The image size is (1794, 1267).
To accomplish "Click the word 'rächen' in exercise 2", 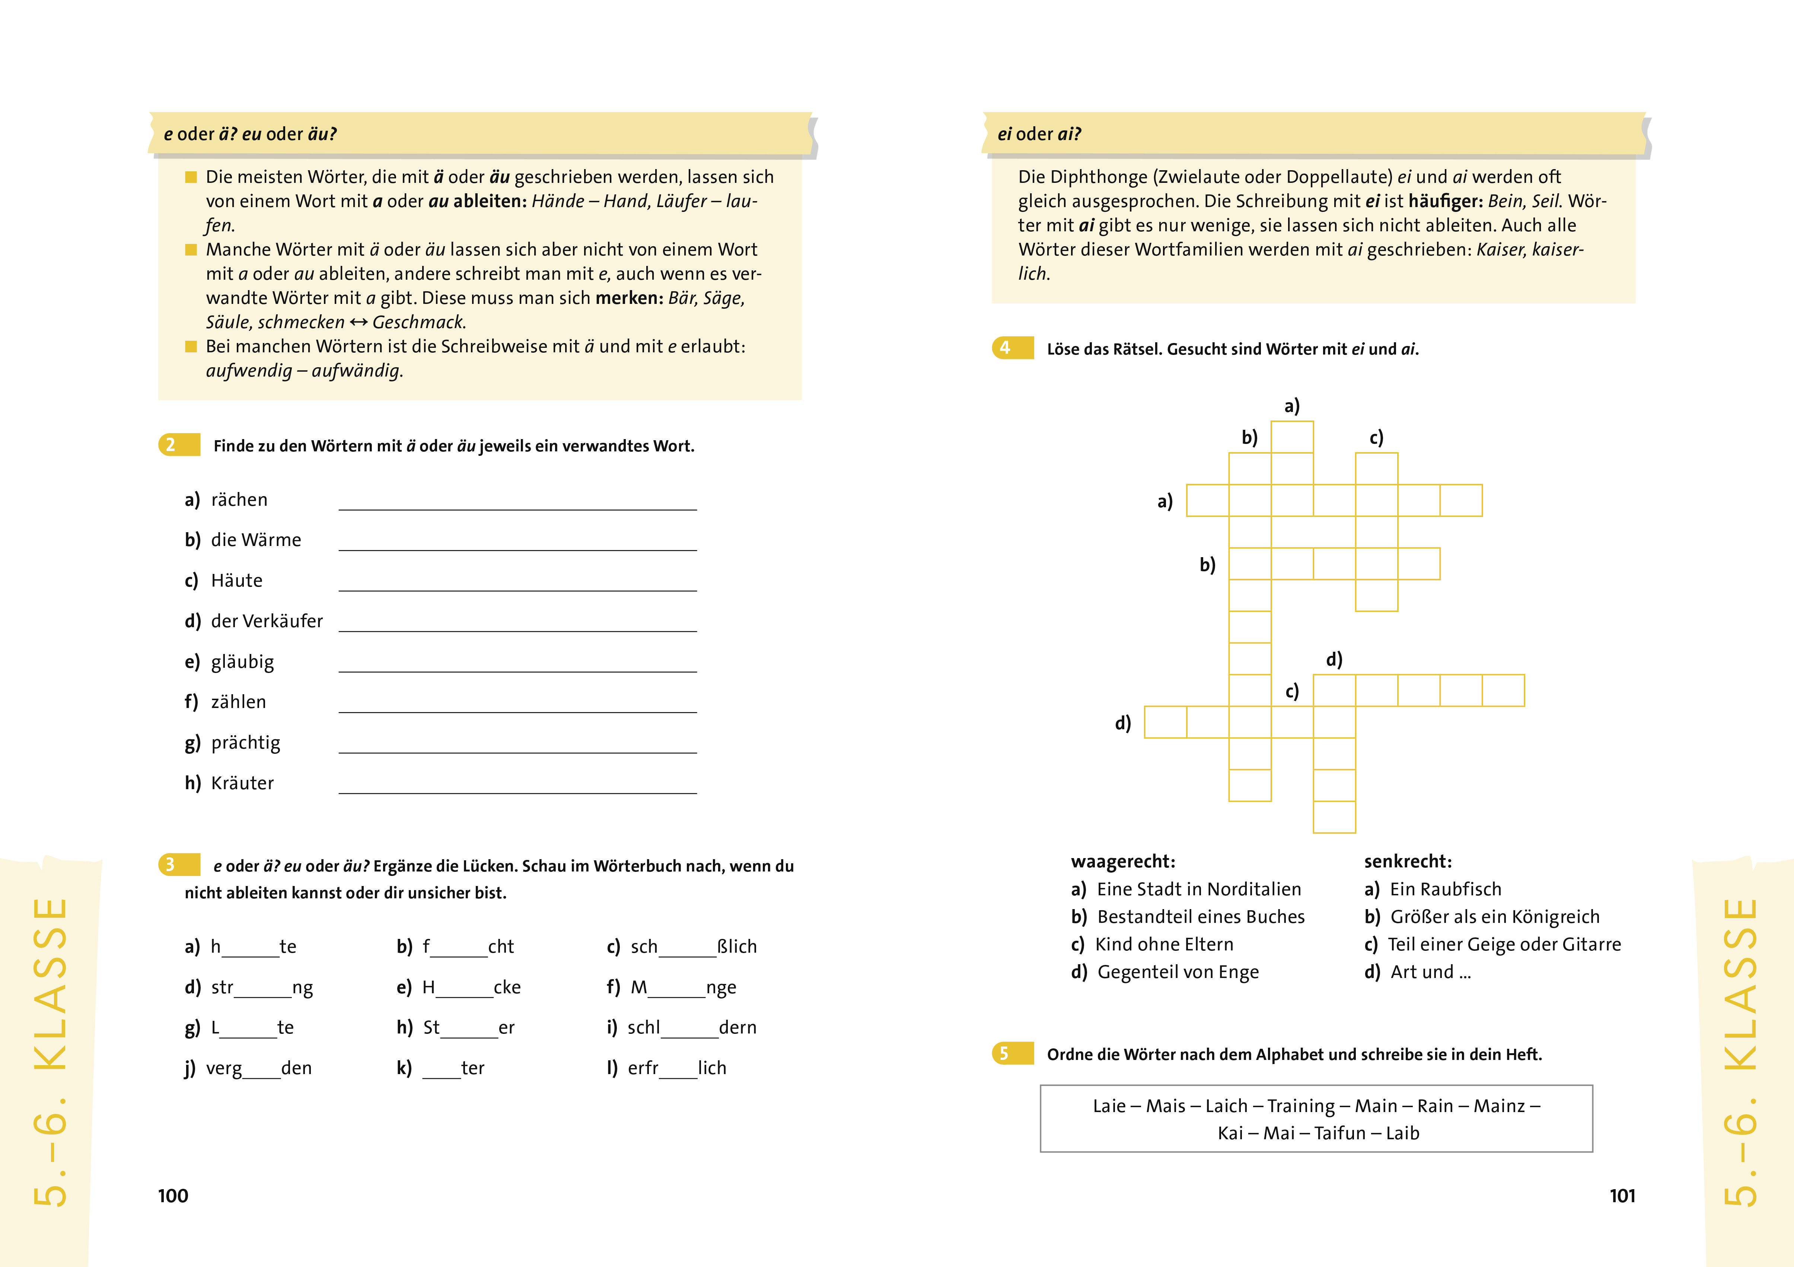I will pyautogui.click(x=239, y=500).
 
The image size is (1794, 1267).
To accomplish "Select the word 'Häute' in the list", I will pyautogui.click(x=237, y=581).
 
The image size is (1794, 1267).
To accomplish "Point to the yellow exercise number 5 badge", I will pyautogui.click(x=1013, y=1054).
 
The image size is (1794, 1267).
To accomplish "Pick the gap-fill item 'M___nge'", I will pyautogui.click(x=683, y=988).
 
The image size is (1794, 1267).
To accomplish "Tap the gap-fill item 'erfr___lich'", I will pyautogui.click(x=677, y=1068).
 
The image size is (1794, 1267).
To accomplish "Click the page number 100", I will pyautogui.click(x=173, y=1196).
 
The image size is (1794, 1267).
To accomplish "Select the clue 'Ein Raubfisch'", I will pyautogui.click(x=1446, y=889).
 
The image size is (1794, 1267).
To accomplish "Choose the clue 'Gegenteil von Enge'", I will pyautogui.click(x=1178, y=972).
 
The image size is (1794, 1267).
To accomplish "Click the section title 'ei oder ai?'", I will pyautogui.click(x=1039, y=134).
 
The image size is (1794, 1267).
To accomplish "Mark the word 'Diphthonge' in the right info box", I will pyautogui.click(x=1099, y=177).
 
